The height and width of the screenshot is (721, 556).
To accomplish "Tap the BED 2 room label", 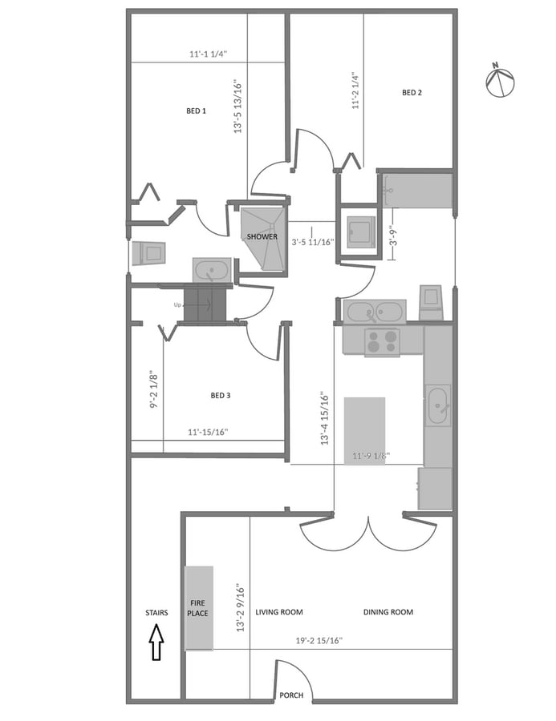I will (412, 93).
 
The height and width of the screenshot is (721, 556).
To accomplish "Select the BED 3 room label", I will (221, 395).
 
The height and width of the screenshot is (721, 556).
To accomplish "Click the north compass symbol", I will (499, 81).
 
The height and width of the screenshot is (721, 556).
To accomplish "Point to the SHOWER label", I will (262, 237).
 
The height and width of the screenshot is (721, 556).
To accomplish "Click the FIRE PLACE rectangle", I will (198, 607).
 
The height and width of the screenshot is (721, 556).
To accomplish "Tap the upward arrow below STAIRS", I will (156, 643).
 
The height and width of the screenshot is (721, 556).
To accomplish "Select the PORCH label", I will (291, 695).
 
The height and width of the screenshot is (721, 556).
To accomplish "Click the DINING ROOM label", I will (388, 612).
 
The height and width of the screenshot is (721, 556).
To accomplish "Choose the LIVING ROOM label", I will (279, 612).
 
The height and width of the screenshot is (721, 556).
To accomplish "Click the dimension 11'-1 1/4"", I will (209, 54).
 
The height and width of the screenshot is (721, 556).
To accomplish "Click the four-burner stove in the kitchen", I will (382, 341).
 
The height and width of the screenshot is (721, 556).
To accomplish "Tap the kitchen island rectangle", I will (364, 429).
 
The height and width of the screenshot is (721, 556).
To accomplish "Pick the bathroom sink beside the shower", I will (211, 270).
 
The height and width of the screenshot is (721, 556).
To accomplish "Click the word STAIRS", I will (156, 613).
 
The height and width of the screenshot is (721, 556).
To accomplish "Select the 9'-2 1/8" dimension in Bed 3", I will (154, 389).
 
